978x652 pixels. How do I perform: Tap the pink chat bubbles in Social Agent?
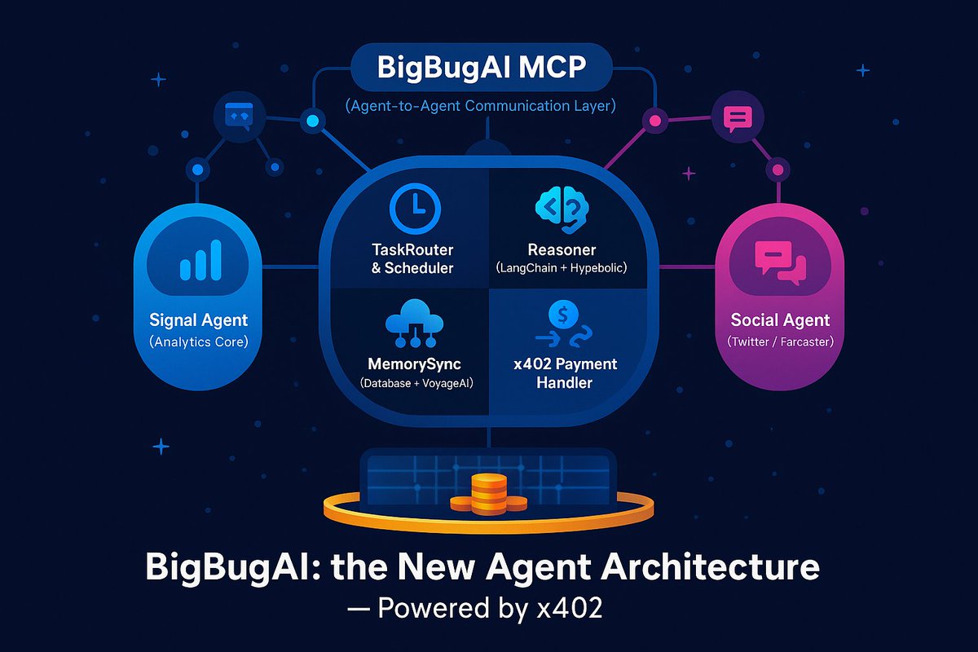pos(778,262)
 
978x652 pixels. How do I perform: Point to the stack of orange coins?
pos(488,492)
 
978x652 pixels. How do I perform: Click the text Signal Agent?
pos(199,319)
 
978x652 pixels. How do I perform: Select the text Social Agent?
pos(780,319)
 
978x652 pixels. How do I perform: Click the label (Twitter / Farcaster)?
pos(780,341)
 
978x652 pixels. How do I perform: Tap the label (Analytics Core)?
pos(199,341)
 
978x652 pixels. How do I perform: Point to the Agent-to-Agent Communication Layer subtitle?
pos(480,106)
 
